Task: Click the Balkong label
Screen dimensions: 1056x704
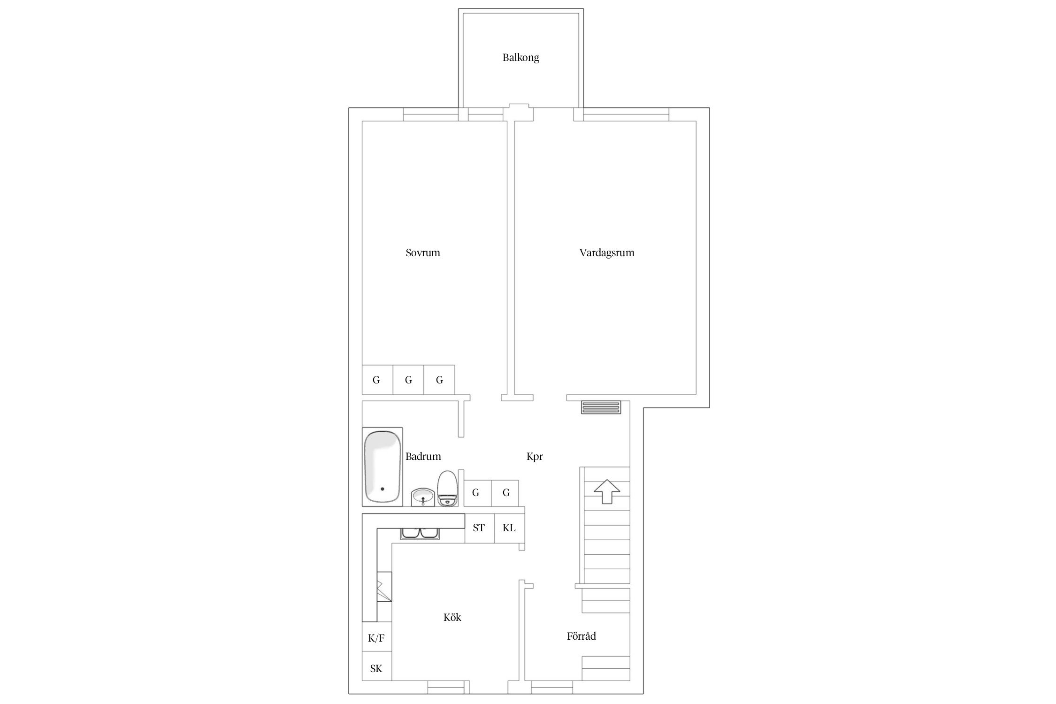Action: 520,58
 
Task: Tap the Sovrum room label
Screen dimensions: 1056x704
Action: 423,253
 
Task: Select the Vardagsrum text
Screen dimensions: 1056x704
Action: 607,253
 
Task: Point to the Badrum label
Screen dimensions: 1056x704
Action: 423,456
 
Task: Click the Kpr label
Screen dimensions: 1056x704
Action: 535,457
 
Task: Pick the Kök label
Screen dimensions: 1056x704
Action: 452,617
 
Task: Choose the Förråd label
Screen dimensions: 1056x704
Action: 582,636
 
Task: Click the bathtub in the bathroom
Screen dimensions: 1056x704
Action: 383,467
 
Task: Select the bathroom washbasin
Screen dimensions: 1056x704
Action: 423,497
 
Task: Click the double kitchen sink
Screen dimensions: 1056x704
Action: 420,533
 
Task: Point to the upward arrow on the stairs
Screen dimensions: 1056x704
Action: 607,491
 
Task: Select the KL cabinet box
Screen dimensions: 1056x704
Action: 509,528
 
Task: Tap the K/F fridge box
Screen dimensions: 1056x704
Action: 377,637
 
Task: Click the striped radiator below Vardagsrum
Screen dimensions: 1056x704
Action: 601,407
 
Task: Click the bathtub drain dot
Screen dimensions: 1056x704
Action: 383,489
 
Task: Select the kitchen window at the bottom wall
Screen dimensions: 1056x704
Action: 448,688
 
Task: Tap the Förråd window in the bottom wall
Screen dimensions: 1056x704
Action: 552,688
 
